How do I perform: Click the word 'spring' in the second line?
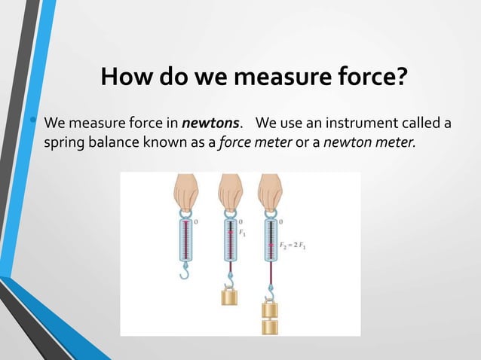[66, 142]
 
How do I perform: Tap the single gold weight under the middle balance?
[228, 296]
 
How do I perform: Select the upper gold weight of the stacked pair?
[269, 309]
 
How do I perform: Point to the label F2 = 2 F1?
[296, 246]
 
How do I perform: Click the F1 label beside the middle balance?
[243, 233]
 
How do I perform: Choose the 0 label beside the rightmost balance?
[282, 222]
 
